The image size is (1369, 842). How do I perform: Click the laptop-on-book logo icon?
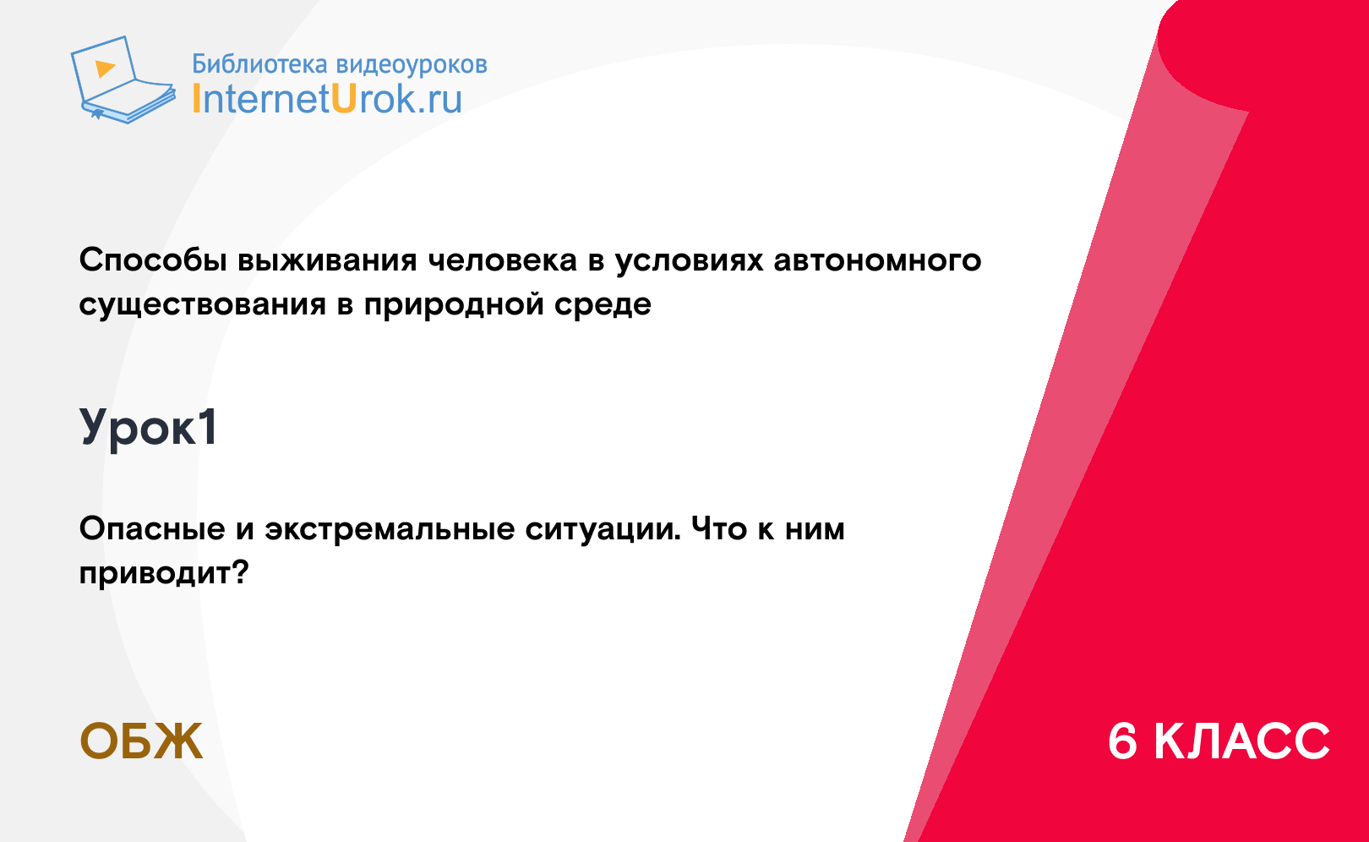(x=123, y=79)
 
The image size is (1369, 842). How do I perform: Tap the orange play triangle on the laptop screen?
(x=105, y=68)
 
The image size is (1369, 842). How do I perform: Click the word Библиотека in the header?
(x=259, y=64)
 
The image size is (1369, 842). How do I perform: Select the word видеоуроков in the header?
(x=412, y=65)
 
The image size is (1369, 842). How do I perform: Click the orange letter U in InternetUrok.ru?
(x=344, y=98)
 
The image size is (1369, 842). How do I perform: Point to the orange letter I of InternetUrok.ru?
(x=196, y=98)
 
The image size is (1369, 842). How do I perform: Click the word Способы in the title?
(x=153, y=260)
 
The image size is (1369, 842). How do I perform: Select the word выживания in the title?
(x=327, y=260)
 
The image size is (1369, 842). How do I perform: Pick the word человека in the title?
(x=502, y=260)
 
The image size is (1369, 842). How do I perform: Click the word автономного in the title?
(x=878, y=260)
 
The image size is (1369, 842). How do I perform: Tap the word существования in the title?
(x=202, y=304)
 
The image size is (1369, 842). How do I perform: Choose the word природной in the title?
(x=454, y=304)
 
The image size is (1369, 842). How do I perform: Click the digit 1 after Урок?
(x=208, y=426)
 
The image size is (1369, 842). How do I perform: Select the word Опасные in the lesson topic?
(x=152, y=528)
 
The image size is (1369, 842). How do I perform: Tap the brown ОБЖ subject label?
(x=141, y=741)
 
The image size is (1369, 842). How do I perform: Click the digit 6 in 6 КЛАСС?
(x=1122, y=741)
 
